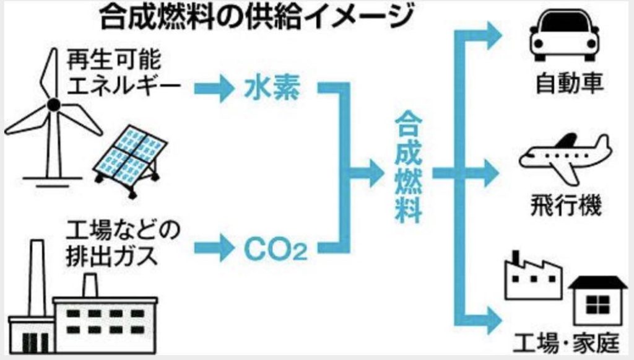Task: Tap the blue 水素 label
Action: click(x=271, y=90)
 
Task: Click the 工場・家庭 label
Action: click(x=569, y=341)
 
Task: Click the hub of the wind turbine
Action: click(x=54, y=103)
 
